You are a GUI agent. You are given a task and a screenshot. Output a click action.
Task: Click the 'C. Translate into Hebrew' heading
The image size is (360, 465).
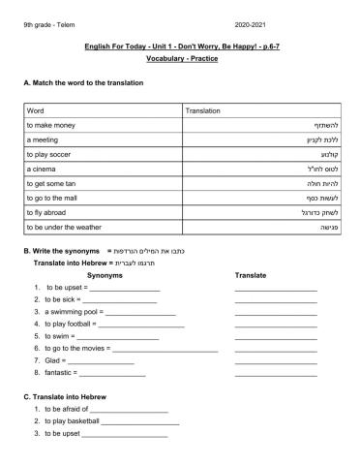pyautogui.click(x=64, y=397)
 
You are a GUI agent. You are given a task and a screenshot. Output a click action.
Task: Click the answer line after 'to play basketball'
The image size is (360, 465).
pyautogui.click(x=139, y=421)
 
